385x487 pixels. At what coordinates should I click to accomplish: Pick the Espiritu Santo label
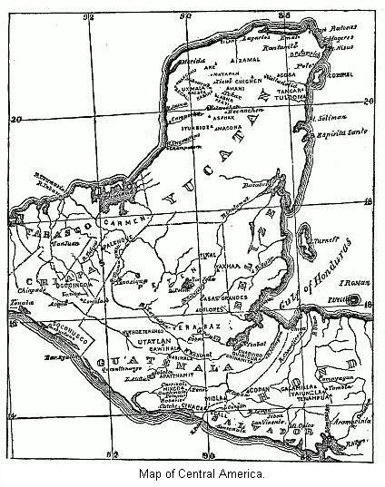335,133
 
